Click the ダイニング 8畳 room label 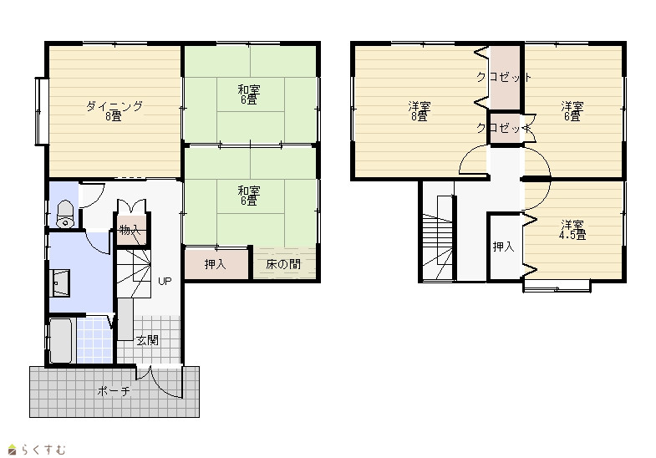click(114, 111)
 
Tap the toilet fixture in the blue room click(65, 214)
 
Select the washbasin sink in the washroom click(59, 282)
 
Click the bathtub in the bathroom click(60, 340)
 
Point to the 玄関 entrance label click(147, 340)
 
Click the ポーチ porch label click(114, 391)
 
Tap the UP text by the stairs click(165, 281)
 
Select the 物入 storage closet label click(130, 230)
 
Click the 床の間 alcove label click(283, 264)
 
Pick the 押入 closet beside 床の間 click(216, 264)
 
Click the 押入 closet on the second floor click(503, 247)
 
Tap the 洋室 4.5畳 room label click(572, 230)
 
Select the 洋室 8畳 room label click(420, 111)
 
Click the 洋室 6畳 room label click(572, 111)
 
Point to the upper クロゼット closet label click(504, 77)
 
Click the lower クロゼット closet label click(504, 128)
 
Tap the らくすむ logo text click(43, 450)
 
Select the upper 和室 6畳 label click(249, 94)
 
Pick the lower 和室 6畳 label click(249, 196)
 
